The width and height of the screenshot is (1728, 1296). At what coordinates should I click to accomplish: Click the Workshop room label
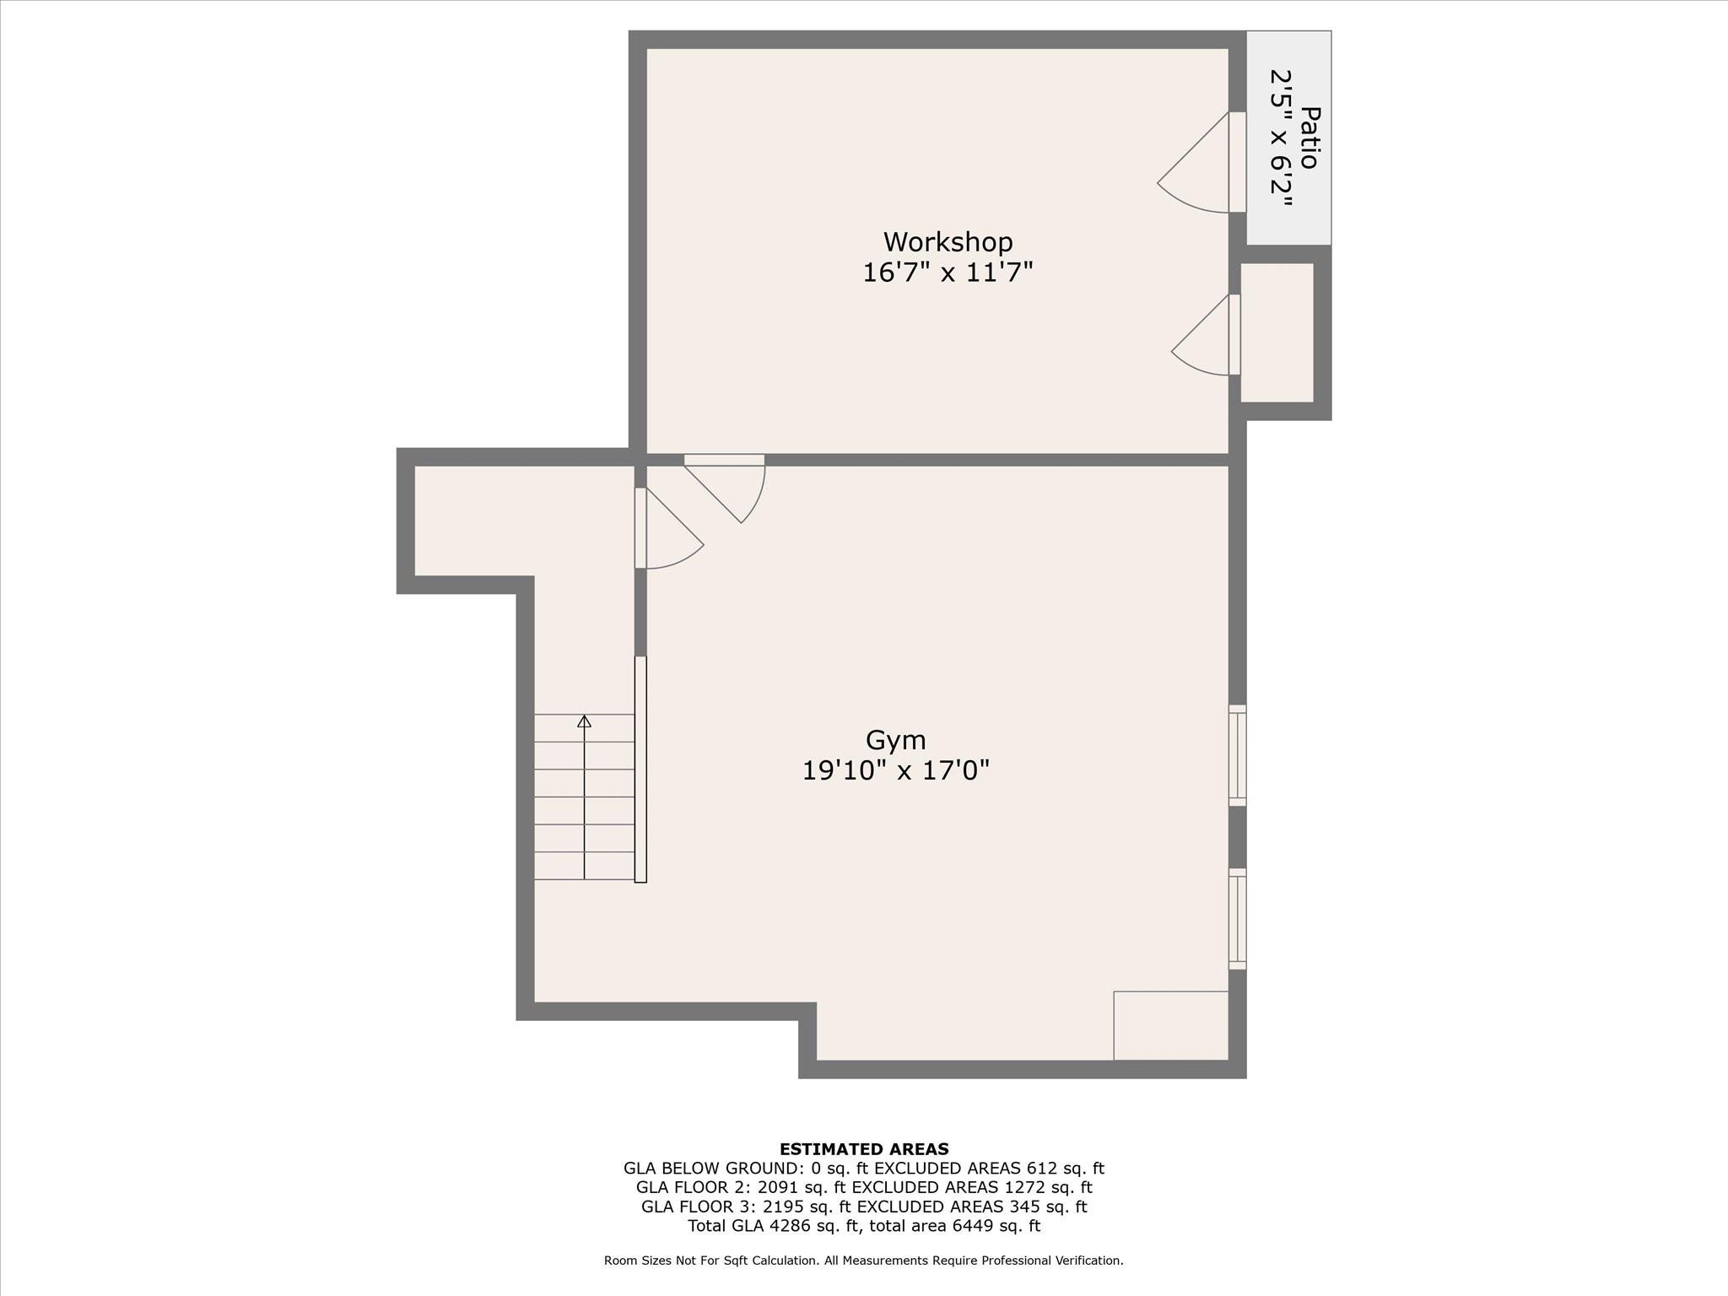tap(948, 242)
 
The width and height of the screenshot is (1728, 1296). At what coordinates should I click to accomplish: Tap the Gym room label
tap(895, 741)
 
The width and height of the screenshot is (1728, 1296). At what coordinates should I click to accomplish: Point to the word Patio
tap(1309, 138)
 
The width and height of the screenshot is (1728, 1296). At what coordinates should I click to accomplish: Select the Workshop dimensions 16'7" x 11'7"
tap(948, 273)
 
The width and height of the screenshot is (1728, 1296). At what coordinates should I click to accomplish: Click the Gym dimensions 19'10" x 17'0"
tap(895, 770)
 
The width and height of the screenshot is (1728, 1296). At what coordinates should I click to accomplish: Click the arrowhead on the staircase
tap(584, 721)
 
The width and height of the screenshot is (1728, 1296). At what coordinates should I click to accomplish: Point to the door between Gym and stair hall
tap(668, 528)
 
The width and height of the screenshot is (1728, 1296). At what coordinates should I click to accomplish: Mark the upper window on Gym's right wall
tap(1237, 755)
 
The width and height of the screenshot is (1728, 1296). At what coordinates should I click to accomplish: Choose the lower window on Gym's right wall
tap(1237, 919)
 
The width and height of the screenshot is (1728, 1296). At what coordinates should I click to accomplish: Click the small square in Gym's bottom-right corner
tap(1171, 1025)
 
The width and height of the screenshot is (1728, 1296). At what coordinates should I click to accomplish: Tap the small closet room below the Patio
tap(1277, 332)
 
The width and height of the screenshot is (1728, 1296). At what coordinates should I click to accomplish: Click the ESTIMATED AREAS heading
tap(864, 1149)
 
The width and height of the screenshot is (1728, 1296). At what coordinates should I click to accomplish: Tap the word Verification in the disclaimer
tap(1087, 1261)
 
